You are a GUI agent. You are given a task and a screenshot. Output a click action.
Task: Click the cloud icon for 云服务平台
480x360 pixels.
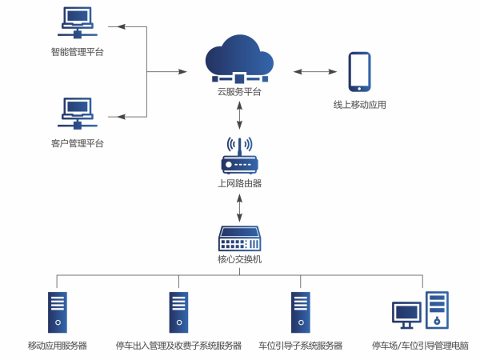(239, 58)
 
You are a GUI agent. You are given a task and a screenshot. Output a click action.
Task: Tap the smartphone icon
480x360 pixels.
(359, 71)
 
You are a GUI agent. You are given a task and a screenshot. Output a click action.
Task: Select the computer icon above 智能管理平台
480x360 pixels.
(77, 24)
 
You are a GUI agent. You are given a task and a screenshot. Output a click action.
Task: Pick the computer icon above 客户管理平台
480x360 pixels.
(77, 114)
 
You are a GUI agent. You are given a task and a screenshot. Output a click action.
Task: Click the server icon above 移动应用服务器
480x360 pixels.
(57, 312)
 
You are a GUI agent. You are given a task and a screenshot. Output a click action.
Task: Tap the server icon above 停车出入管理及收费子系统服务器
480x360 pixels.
(178, 312)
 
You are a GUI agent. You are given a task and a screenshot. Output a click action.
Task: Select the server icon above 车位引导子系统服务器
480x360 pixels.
(300, 312)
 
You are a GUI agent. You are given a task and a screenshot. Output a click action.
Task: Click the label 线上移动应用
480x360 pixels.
(359, 105)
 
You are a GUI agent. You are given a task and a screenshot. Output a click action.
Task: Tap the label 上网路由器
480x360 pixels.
(239, 183)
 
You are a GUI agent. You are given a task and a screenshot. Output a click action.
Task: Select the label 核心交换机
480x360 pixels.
(239, 259)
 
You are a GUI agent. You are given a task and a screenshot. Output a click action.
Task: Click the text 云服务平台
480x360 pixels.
(239, 92)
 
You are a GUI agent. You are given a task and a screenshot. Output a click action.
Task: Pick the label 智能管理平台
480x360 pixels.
(77, 52)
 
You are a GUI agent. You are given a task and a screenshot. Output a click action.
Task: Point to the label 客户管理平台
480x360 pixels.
(77, 143)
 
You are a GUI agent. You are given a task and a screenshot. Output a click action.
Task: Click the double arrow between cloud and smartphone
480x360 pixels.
(314, 72)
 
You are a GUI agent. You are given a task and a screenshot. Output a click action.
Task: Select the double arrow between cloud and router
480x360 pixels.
(239, 114)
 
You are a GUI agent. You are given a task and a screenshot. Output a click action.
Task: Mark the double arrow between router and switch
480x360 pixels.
(239, 207)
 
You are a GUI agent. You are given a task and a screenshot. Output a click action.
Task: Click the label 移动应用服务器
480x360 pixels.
(57, 346)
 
